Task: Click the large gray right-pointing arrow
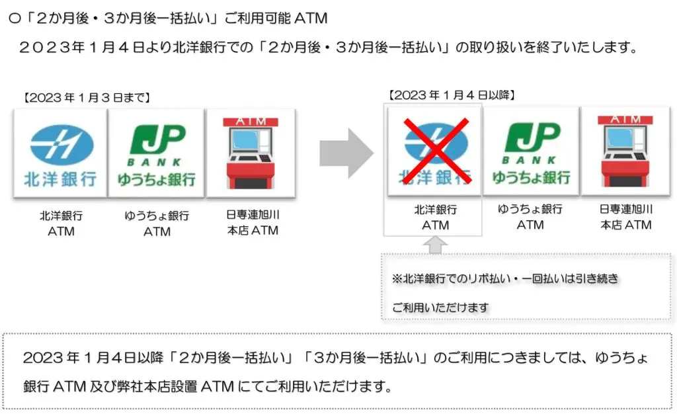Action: coord(346,153)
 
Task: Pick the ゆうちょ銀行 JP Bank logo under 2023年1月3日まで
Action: coord(157,154)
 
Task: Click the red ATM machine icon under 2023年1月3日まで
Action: coord(250,154)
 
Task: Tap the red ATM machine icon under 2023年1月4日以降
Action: coord(625,151)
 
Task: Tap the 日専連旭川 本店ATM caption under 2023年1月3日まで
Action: coord(251,223)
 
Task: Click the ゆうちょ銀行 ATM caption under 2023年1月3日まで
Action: coord(157,224)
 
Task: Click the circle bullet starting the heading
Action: coord(15,19)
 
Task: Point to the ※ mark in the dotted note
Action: coord(397,279)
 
